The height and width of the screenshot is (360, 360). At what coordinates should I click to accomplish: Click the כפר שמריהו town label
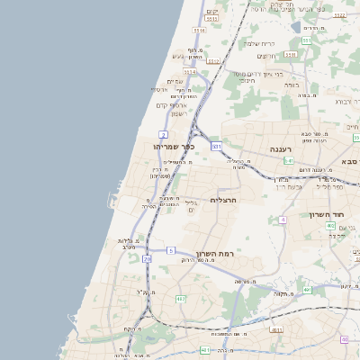coord(175,146)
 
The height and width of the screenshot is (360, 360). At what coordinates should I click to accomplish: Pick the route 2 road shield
coord(165,133)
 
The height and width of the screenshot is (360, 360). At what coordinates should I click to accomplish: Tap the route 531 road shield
coord(216,145)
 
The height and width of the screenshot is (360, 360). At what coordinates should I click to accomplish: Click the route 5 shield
coord(171,249)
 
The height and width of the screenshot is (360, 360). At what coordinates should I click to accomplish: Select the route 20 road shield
coord(147,259)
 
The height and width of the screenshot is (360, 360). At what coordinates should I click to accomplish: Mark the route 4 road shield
coord(283,220)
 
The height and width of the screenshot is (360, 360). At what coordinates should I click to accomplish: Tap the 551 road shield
coord(306,40)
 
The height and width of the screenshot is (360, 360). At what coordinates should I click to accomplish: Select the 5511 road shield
coord(199,31)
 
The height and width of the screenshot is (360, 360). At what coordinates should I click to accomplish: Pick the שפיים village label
coord(175,82)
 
